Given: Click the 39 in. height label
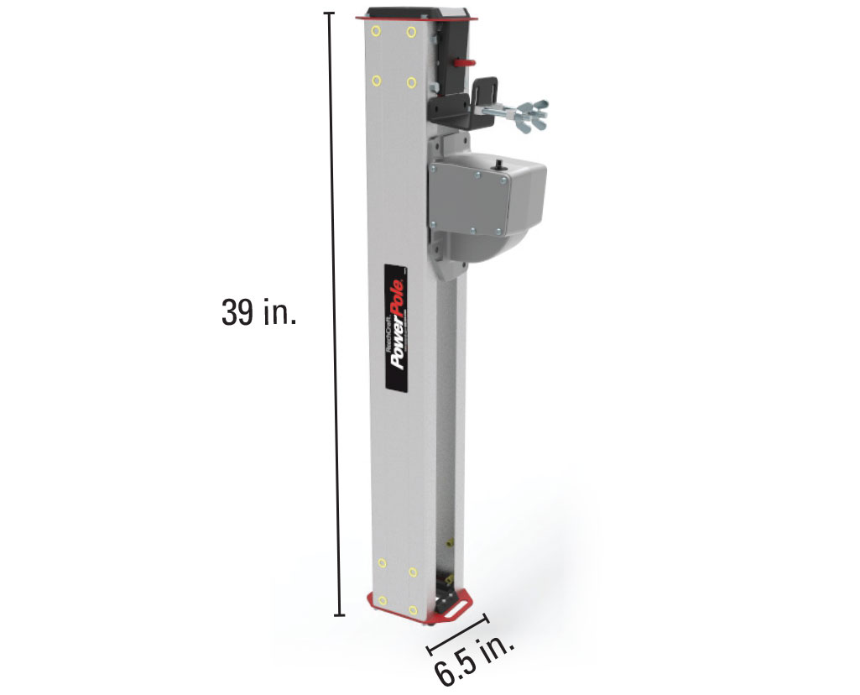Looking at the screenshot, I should pos(258,313).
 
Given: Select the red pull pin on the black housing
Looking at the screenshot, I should pos(465,61).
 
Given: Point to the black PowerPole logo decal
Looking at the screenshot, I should pos(395,327).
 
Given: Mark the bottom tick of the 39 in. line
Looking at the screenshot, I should pos(339,615).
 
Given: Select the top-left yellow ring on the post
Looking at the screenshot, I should pos(376,32).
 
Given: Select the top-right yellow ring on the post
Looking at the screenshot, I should pos(411,33).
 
